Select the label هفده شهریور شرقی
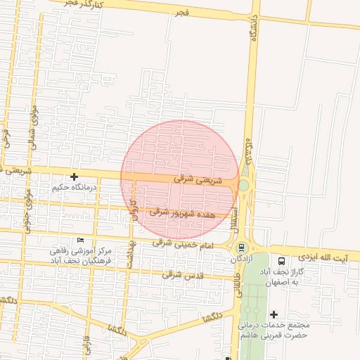coord(182,212)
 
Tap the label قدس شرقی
coord(183,275)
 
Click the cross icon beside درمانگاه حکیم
coord(73,176)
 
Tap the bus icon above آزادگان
coord(242,247)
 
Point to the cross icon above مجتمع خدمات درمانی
coord(274,314)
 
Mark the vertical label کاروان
coord(131,209)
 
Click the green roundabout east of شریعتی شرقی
coord(243,186)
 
